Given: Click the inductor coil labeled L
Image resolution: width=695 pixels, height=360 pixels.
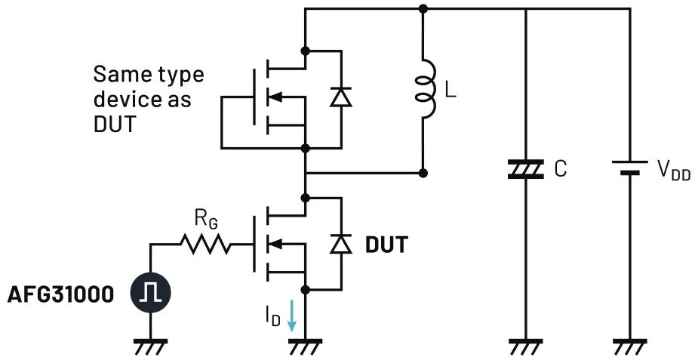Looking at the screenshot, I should tap(424, 91).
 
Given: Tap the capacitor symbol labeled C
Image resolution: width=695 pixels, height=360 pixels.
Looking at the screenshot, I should tap(525, 170).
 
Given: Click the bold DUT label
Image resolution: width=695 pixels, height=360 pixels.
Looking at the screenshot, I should tap(386, 245).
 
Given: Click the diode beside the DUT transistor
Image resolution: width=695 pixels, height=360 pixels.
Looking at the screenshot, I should tap(342, 243).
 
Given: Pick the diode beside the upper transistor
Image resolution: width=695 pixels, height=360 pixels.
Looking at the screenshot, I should tap(342, 97).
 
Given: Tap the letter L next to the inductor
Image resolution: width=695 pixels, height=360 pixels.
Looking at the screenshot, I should tap(450, 92).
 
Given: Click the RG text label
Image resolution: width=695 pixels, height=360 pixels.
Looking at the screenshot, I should tap(205, 220).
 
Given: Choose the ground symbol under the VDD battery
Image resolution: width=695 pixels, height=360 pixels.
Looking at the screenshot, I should tap(628, 348).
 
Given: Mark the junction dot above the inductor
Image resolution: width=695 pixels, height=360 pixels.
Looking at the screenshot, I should tap(424, 9).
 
